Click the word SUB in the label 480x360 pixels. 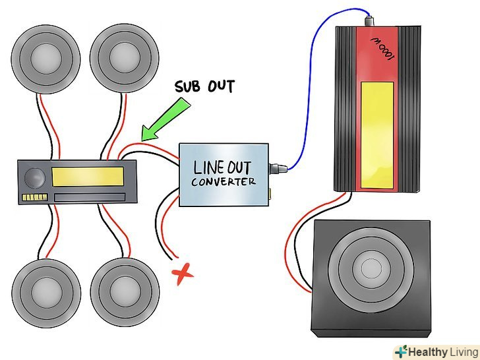187,86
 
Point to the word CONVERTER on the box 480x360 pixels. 224,181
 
